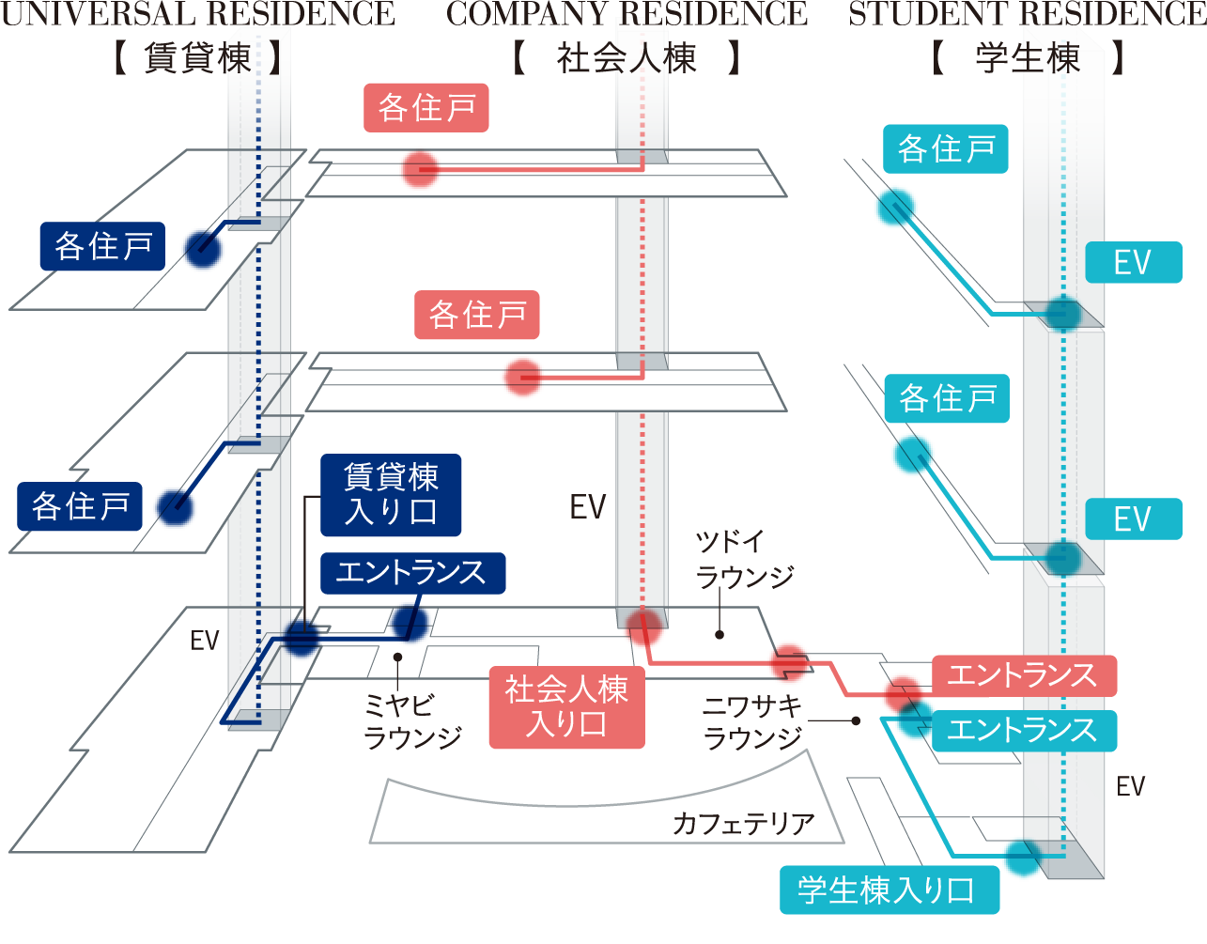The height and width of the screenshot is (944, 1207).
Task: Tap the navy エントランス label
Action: tap(412, 572)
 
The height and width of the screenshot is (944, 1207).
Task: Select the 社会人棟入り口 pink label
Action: tap(566, 707)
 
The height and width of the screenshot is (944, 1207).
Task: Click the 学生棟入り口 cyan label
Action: tap(889, 890)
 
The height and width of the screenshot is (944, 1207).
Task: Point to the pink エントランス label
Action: tap(1023, 674)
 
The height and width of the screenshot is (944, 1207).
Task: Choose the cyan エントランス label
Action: tap(1023, 730)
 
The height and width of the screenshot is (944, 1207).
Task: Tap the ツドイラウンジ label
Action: tap(744, 560)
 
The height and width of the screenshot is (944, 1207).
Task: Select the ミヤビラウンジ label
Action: tap(412, 721)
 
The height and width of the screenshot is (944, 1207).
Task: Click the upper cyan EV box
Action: tap(1132, 262)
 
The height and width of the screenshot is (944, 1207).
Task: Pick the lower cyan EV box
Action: tap(1132, 519)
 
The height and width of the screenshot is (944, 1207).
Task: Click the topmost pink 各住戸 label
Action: tap(426, 108)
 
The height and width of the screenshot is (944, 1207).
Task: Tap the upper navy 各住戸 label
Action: tap(102, 247)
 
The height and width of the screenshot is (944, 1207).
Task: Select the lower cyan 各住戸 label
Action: tap(947, 399)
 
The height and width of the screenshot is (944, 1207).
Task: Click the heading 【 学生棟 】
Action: tap(1027, 60)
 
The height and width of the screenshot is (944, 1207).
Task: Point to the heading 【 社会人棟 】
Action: tap(627, 60)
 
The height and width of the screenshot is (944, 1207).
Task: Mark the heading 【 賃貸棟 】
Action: tap(197, 60)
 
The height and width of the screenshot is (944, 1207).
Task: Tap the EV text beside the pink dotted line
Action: tap(589, 508)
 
